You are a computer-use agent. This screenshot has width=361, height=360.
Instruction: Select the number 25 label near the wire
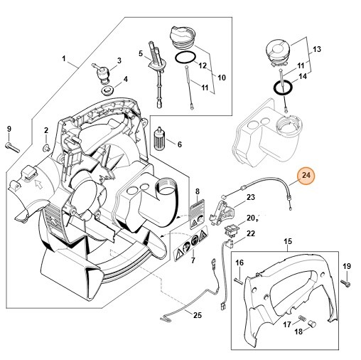(x=197, y=315)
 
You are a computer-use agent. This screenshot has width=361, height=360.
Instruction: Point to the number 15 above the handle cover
(x=287, y=243)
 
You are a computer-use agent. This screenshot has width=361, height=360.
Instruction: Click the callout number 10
(x=221, y=77)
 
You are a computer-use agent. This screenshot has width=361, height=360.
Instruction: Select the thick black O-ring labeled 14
(x=284, y=88)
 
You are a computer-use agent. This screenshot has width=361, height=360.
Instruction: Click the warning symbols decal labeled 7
(x=190, y=247)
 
